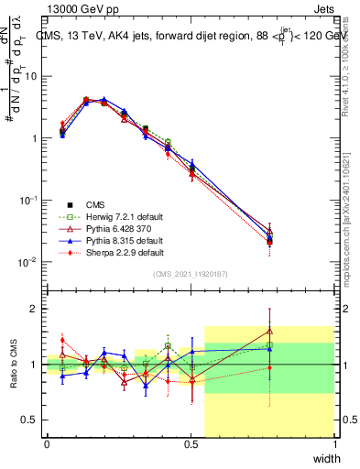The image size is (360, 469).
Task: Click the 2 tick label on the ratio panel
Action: pos(35,309)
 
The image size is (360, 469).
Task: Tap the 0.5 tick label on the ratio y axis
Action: pos(30,420)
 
